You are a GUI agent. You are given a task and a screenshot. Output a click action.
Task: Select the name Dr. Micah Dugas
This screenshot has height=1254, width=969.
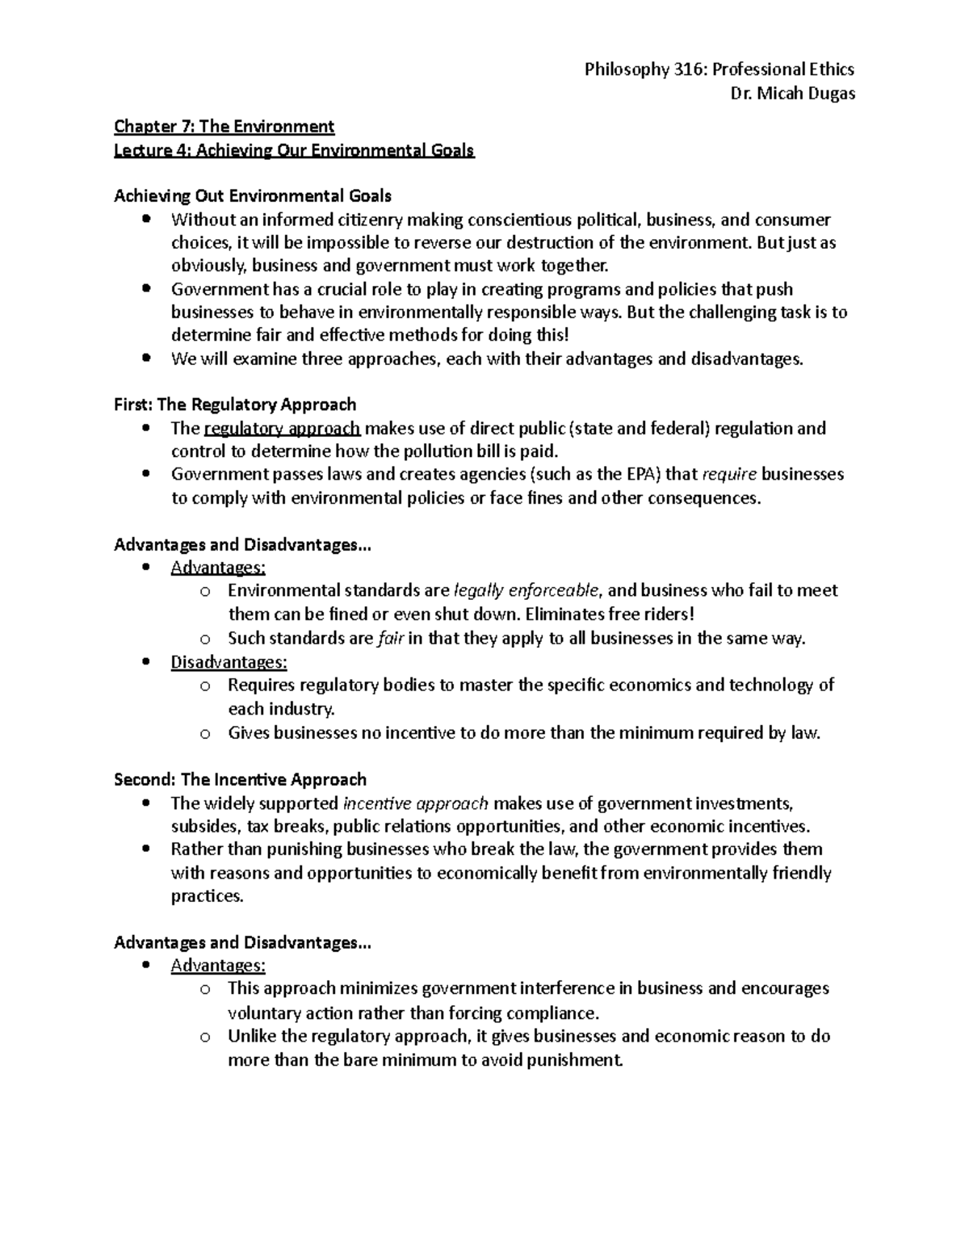[792, 93]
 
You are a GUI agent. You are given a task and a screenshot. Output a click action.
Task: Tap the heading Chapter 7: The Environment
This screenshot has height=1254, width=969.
[224, 126]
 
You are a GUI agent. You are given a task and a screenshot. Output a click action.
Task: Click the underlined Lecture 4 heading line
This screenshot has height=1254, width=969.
[294, 150]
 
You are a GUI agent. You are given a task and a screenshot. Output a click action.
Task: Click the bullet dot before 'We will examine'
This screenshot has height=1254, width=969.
[145, 359]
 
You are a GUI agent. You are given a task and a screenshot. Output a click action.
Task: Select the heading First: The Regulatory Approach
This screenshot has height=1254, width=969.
[235, 404]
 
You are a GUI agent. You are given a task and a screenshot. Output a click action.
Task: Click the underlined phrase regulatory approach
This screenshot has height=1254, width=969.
[283, 428]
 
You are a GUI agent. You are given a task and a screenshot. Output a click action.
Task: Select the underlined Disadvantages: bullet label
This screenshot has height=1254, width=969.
[229, 662]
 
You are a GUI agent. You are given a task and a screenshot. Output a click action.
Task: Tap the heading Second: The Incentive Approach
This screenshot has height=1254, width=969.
[241, 779]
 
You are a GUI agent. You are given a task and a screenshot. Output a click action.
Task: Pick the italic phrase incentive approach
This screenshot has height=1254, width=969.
[415, 803]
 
